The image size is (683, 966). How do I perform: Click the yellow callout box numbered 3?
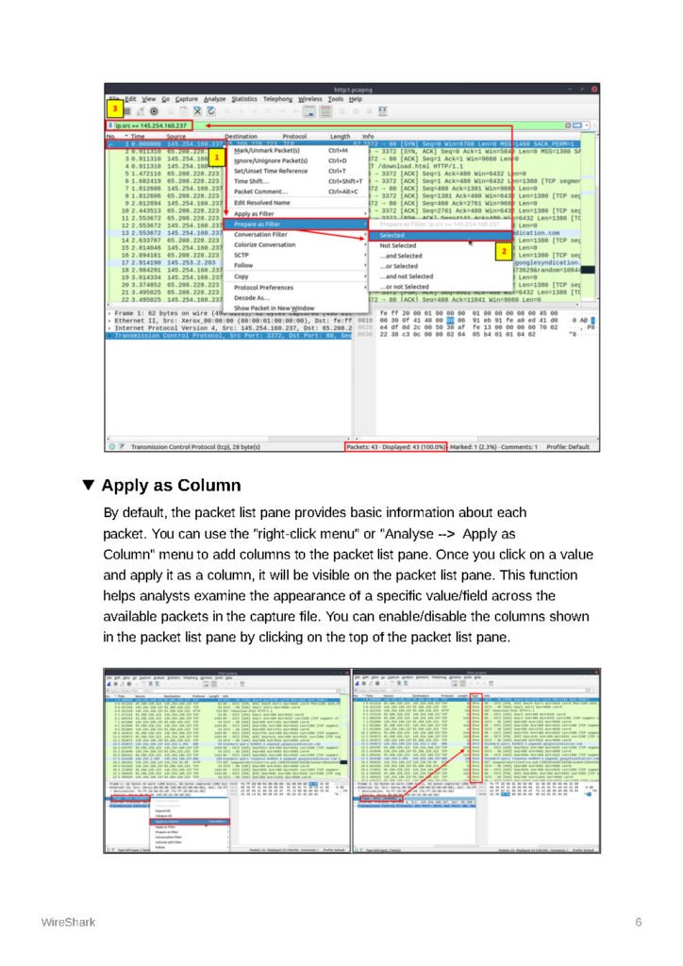coord(114,109)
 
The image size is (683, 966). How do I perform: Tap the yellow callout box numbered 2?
coord(503,252)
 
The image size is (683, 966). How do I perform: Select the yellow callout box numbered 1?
coord(215,157)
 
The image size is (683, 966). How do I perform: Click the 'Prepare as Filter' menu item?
coord(257,225)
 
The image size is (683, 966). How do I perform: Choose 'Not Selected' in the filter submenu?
coord(397,245)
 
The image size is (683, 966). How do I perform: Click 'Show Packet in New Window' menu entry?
coord(274,308)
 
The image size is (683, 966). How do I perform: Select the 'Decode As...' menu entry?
coord(252,297)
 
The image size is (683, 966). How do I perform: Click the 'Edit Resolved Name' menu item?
coord(261,203)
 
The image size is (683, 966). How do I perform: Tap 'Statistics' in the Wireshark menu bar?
coord(244,99)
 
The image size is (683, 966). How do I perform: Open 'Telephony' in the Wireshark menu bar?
coord(278,99)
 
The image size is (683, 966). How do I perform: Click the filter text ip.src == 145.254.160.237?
coord(152,125)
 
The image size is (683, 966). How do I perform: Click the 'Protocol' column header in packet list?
coord(294,137)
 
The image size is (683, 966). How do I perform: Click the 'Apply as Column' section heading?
coord(171,487)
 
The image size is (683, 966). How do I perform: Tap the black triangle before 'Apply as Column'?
coord(89,486)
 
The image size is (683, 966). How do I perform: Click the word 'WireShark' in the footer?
coord(67,922)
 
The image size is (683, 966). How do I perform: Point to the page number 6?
coord(639,922)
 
